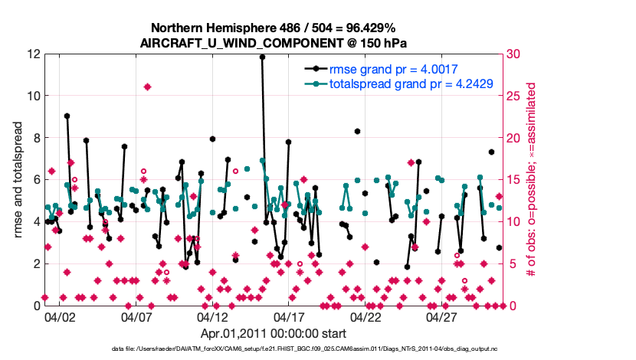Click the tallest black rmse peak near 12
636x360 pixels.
[262, 57]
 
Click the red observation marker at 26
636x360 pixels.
[147, 87]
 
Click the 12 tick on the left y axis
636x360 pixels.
[34, 54]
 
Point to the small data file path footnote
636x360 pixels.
[304, 349]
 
